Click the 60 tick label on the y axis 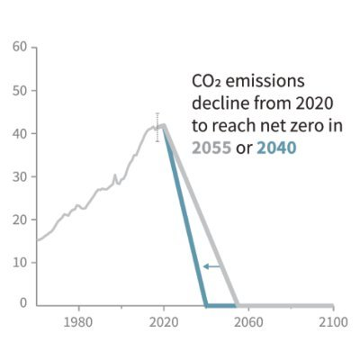click(x=20, y=47)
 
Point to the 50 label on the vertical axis click(x=20, y=91)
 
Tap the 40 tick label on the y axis click(x=20, y=133)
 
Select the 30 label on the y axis click(x=20, y=176)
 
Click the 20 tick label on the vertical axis click(x=20, y=220)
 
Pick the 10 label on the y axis click(x=20, y=263)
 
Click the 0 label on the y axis click(x=23, y=303)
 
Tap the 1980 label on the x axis click(x=78, y=322)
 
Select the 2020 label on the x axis click(x=164, y=322)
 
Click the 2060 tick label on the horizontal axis click(x=248, y=322)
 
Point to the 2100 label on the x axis click(x=333, y=322)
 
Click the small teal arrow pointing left click(x=212, y=266)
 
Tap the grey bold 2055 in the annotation click(x=211, y=148)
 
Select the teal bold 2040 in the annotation click(x=276, y=148)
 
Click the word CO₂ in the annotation click(x=206, y=81)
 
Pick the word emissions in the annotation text click(x=265, y=81)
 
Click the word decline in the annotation click(x=220, y=103)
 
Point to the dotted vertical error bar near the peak click(x=157, y=127)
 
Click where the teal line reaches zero click(x=206, y=306)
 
